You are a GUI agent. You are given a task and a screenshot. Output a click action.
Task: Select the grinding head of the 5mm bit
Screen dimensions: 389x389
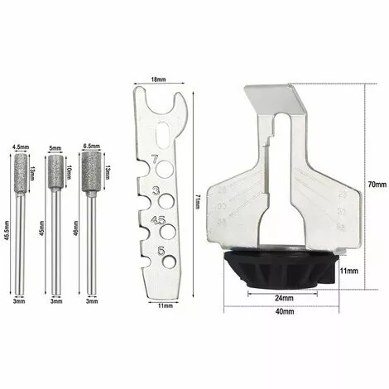(x=56, y=171)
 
